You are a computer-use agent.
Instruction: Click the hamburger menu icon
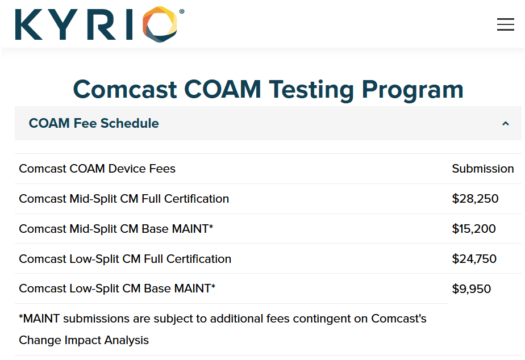click(505, 24)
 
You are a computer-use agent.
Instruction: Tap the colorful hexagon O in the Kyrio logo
click(160, 24)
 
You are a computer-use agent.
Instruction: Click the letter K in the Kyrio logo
click(29, 24)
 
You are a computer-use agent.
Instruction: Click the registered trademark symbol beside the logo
click(181, 11)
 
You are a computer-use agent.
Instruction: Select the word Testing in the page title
click(311, 90)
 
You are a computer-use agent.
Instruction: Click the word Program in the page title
click(413, 90)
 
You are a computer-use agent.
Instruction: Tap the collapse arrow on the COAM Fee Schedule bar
click(506, 123)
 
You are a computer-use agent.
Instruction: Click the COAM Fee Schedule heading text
click(94, 123)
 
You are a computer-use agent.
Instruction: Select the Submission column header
click(483, 169)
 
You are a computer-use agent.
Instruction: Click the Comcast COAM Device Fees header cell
click(97, 169)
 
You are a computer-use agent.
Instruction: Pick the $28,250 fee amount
click(475, 199)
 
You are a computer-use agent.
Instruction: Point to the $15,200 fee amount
click(474, 229)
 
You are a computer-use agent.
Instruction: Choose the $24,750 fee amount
click(474, 258)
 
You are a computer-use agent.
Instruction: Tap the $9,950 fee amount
click(472, 288)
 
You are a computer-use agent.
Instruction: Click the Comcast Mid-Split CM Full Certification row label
click(124, 199)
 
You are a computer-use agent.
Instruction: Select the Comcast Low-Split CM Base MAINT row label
click(117, 288)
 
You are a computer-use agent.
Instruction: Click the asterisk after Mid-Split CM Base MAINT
click(211, 226)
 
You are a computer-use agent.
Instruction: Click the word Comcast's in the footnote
click(399, 319)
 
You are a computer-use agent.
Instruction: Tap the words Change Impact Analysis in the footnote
click(84, 340)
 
